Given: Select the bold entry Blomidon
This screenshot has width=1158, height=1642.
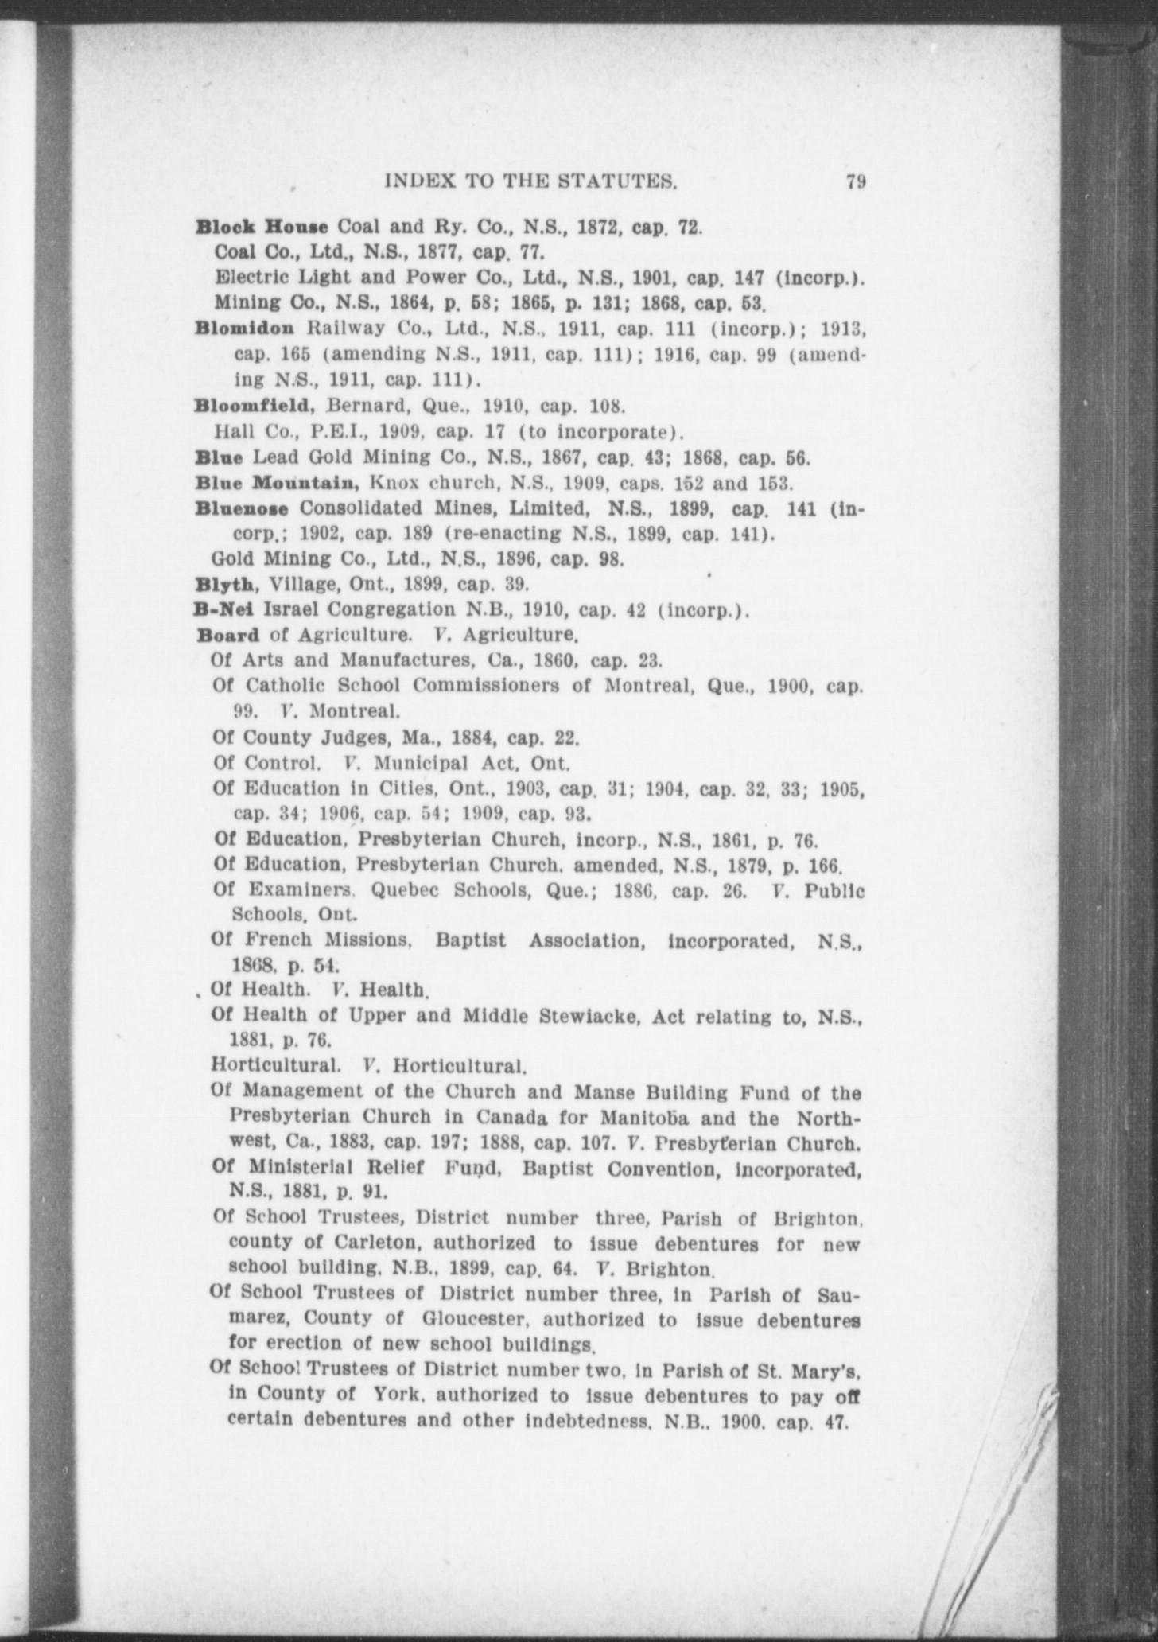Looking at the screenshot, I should (245, 328).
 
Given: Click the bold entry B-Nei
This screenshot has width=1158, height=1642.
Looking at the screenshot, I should (225, 610).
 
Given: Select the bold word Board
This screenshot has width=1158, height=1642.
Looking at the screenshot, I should (227, 636).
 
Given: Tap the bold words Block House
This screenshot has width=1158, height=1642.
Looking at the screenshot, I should (262, 228).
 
